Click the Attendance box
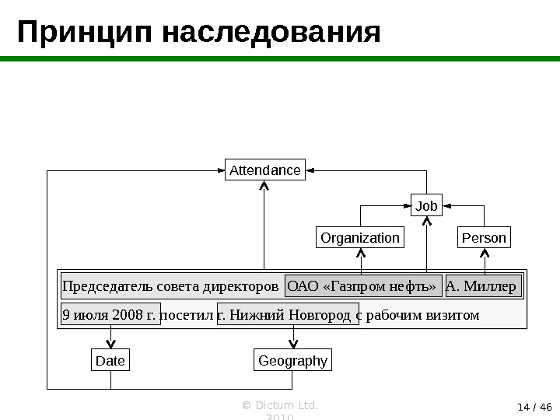(x=265, y=170)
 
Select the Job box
(x=426, y=206)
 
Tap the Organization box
(x=360, y=237)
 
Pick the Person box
(x=484, y=237)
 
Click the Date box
(x=110, y=361)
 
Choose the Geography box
(x=292, y=361)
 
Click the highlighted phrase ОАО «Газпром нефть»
(x=363, y=286)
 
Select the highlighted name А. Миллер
(x=483, y=286)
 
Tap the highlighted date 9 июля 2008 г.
(x=110, y=314)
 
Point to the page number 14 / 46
(x=534, y=406)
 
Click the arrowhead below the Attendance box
(x=264, y=187)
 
